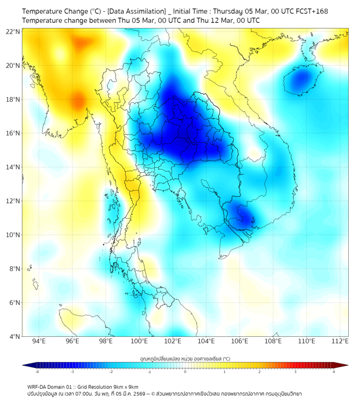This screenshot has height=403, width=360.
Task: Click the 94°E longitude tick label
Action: (x=39, y=341)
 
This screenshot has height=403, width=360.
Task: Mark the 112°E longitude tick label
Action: (x=340, y=341)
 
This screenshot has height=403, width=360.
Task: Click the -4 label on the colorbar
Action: (x=37, y=372)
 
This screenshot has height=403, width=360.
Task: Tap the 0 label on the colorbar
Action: (x=185, y=372)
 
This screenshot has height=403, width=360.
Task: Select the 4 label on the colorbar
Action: (x=334, y=372)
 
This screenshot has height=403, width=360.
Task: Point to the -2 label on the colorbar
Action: (x=111, y=372)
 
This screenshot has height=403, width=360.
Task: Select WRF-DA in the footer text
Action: (x=38, y=386)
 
